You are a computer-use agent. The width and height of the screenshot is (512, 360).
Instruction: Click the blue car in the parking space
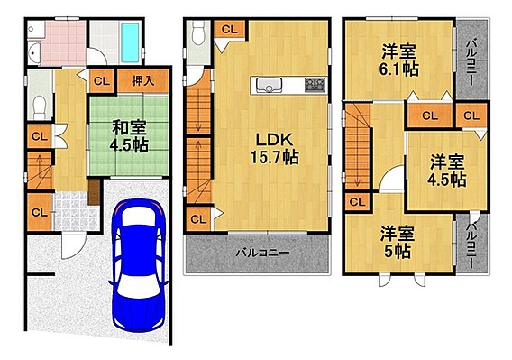click(x=139, y=265)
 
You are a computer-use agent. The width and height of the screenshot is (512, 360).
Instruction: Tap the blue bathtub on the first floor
click(x=130, y=42)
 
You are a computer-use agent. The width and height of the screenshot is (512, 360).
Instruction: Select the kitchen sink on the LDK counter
click(x=269, y=85)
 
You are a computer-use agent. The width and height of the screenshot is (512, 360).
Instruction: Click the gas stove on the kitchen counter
click(x=315, y=85)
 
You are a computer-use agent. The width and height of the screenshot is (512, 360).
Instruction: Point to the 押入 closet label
click(x=143, y=80)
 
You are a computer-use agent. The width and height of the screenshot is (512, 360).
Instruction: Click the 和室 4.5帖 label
click(x=129, y=136)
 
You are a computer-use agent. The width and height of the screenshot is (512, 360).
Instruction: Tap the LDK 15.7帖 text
click(x=274, y=149)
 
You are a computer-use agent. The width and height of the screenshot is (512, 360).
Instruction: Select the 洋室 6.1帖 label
click(x=398, y=60)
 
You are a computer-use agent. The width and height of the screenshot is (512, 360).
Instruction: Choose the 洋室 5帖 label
click(x=397, y=243)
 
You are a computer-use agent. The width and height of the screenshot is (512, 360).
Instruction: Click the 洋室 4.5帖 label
click(x=447, y=171)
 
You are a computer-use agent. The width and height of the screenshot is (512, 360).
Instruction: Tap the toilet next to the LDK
click(x=198, y=32)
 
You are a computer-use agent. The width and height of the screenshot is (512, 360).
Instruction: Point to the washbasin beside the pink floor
click(x=34, y=53)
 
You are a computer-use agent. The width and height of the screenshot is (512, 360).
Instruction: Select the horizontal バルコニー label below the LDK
click(x=263, y=253)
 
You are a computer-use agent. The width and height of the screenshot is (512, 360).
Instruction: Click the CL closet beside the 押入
click(x=102, y=80)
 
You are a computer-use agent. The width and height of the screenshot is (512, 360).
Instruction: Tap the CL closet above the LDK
click(x=230, y=29)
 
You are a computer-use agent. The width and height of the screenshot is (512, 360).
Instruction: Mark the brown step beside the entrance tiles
click(x=94, y=192)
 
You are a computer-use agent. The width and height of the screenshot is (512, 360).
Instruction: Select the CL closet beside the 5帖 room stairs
click(x=357, y=202)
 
